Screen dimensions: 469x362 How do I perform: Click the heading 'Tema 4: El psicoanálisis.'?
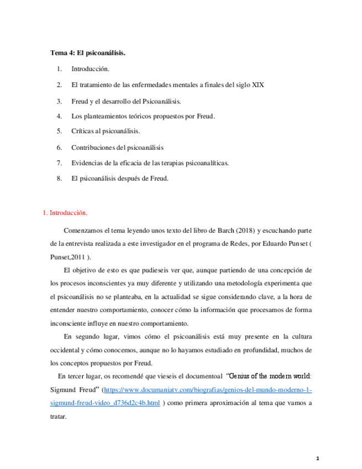[88, 54]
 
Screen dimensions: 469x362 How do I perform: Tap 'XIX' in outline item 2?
[257, 85]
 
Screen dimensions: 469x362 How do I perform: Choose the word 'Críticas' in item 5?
[82, 132]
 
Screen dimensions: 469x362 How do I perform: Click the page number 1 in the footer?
[318, 458]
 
